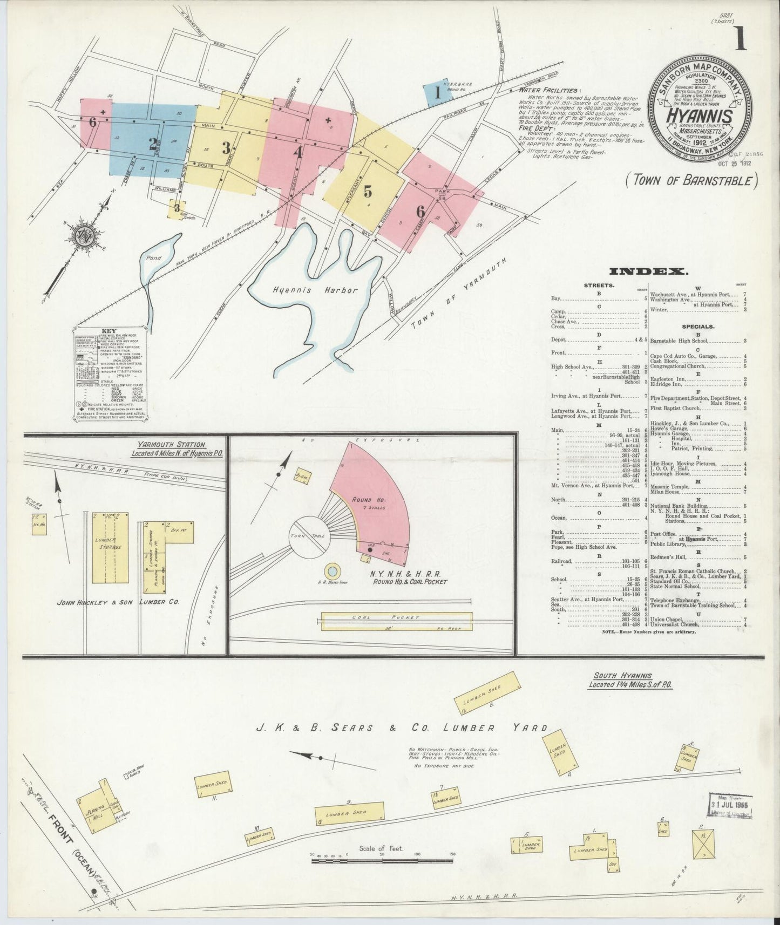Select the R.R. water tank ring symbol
[x=333, y=570]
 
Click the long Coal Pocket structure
[x=397, y=621]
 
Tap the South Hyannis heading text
[x=622, y=676]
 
